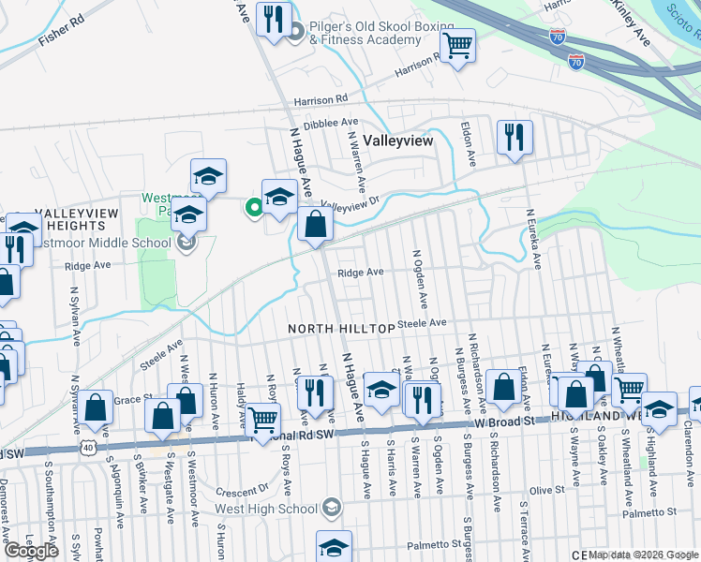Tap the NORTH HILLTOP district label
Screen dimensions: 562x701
pos(340,329)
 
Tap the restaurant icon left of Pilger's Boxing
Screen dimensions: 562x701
pos(274,20)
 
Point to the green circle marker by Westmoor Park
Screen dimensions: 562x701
pos(253,208)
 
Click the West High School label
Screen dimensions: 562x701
pos(268,508)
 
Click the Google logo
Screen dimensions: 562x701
pos(31,551)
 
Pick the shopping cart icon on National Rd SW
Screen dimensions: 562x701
pos(263,420)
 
